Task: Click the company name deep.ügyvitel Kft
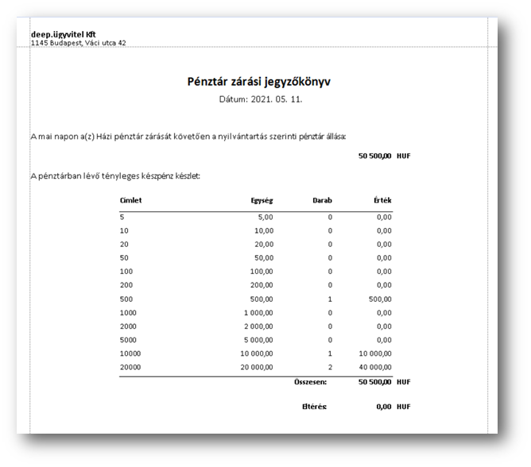pos(64,34)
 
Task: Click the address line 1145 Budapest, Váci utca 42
pos(78,43)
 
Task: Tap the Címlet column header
pos(130,201)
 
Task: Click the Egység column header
pos(261,201)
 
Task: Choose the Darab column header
pos(322,201)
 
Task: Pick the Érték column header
pos(382,201)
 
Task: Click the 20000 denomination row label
pos(130,367)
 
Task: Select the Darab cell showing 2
pos(330,367)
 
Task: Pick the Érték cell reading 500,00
pos(379,299)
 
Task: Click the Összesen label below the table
pos(311,382)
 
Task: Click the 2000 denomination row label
pos(128,326)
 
